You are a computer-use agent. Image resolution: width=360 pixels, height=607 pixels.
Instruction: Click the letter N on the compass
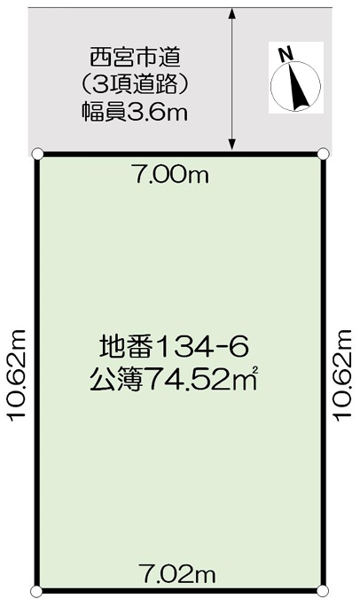click(x=286, y=55)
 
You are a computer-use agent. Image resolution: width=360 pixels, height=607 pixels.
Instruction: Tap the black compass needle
click(x=299, y=86)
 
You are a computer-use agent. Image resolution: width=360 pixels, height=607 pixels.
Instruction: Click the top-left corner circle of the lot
click(x=37, y=154)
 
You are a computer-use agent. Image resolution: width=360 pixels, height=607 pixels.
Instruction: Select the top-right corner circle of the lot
click(x=324, y=154)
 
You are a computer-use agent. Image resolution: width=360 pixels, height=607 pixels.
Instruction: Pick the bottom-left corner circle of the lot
click(x=36, y=591)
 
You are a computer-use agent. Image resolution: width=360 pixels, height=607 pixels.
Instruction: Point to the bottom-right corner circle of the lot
click(x=323, y=591)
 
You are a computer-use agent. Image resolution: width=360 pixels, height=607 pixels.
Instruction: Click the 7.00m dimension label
click(x=170, y=176)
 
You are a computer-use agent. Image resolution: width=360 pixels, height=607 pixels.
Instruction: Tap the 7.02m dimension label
click(x=176, y=575)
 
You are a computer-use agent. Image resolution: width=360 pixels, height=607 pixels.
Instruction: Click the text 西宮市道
click(x=136, y=59)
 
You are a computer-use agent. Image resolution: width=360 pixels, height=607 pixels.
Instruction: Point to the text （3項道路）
click(x=135, y=85)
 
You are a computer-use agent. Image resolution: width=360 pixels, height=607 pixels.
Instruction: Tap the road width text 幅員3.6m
click(x=135, y=113)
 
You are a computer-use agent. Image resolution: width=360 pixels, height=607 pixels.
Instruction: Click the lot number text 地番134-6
click(x=173, y=346)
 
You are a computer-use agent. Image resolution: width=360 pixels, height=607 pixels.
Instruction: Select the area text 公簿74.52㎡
click(x=173, y=380)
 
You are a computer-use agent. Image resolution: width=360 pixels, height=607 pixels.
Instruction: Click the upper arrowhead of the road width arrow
click(x=231, y=13)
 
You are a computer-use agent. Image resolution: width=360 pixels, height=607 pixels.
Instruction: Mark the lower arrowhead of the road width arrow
click(x=231, y=145)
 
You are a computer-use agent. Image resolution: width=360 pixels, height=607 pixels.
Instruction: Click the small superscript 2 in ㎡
click(x=254, y=372)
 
